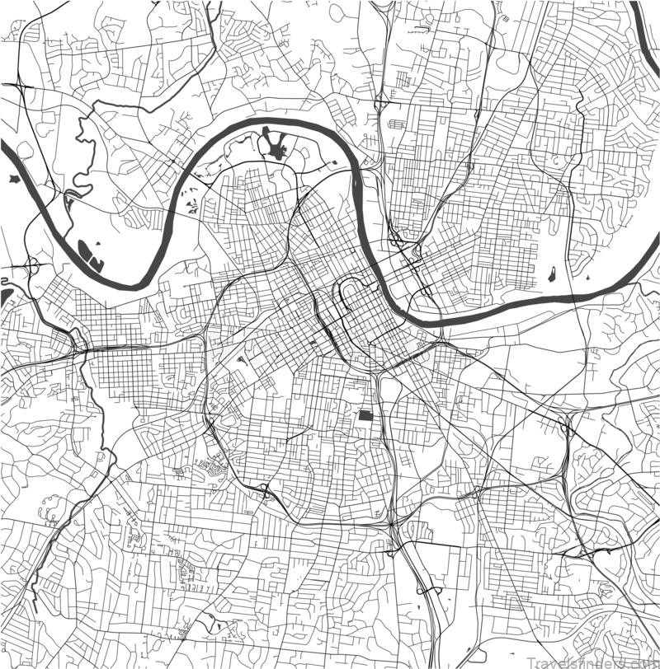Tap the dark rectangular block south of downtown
coord(365,414)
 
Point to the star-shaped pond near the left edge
coord(13,178)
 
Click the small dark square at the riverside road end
coord(333,164)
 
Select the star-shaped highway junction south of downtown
coord(390,522)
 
